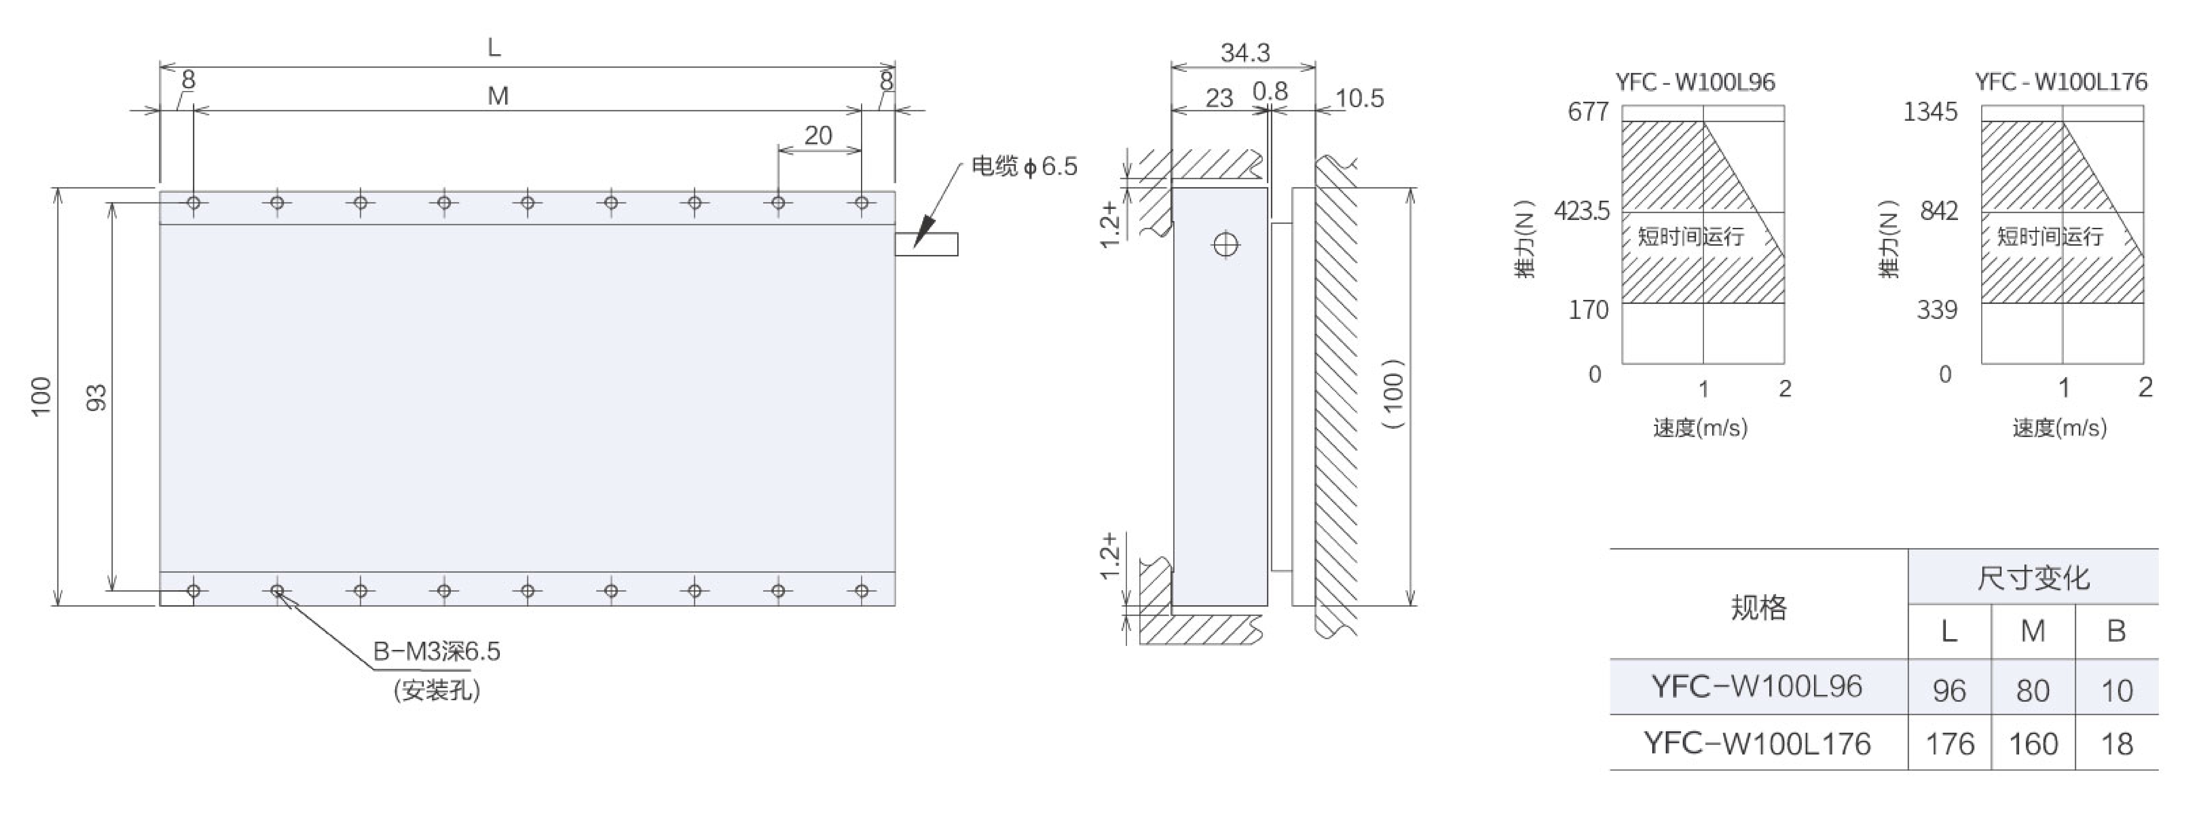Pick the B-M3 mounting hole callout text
click(436, 652)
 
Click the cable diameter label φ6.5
click(1025, 167)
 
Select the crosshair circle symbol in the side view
click(1225, 246)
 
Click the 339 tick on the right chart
click(1937, 310)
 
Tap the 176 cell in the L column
click(1949, 743)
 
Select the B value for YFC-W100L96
click(2117, 690)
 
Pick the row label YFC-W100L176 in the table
click(1757, 743)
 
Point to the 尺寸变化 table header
click(2033, 578)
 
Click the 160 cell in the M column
click(2033, 743)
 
